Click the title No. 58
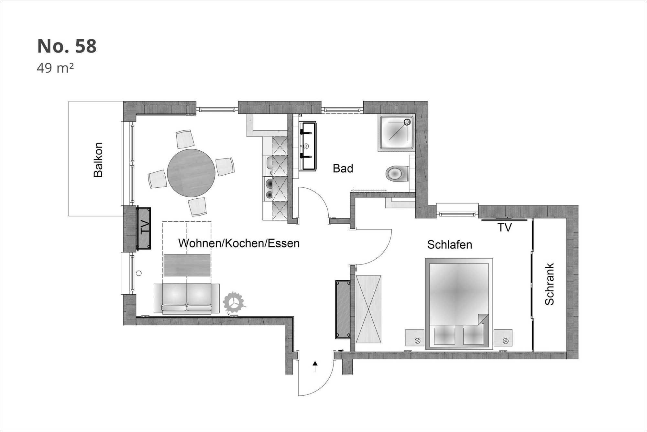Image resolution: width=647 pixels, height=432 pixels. (67, 46)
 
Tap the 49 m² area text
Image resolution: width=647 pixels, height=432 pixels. (55, 68)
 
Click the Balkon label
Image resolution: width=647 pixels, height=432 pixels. (98, 160)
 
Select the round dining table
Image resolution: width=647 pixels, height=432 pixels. (191, 173)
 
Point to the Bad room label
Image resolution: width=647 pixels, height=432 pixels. (343, 169)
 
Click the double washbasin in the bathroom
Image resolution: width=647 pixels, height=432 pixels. (307, 146)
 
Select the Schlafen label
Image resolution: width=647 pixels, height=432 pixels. (450, 245)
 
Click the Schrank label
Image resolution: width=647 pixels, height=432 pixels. (549, 284)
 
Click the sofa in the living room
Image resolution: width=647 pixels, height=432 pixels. (187, 299)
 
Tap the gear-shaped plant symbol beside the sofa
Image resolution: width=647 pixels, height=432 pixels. (234, 303)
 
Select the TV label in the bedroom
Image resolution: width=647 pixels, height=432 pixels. (505, 228)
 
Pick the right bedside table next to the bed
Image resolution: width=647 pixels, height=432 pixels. (503, 338)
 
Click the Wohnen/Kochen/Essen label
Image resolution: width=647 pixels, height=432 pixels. (239, 243)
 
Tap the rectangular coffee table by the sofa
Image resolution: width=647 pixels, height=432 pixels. (187, 265)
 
